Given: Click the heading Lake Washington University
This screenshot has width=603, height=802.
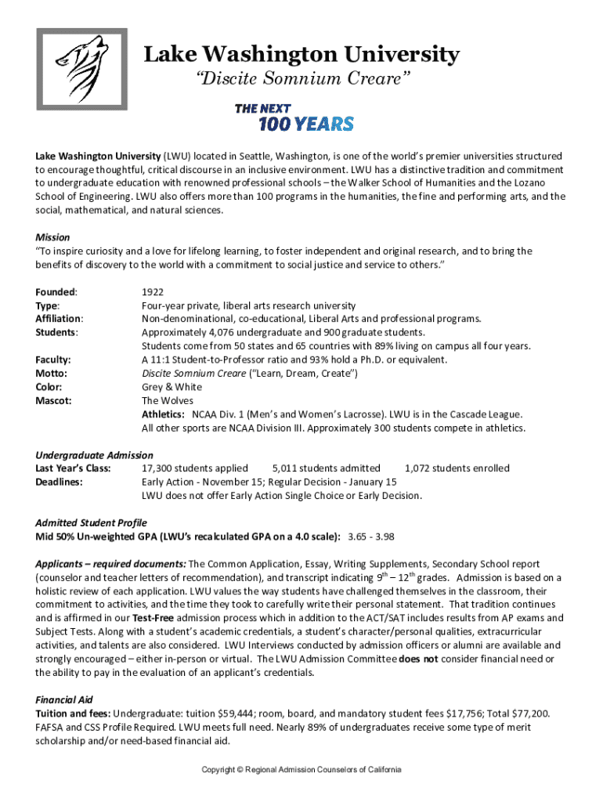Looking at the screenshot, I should [301, 55].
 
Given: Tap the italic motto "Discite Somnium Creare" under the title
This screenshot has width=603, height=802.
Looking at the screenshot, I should [301, 79].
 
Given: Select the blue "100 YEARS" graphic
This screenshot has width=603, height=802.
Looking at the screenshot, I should [305, 123].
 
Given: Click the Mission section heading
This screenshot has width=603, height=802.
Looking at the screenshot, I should [53, 237].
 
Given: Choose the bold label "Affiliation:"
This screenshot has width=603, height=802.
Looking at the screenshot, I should [60, 319].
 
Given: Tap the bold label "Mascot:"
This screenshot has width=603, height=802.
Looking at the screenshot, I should [54, 400].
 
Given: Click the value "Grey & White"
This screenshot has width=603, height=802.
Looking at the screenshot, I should [172, 387].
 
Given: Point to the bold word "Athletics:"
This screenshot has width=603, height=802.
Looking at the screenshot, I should [163, 414].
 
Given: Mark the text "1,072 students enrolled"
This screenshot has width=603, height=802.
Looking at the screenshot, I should [457, 468].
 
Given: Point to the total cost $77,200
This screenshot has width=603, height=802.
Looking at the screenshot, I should [533, 713].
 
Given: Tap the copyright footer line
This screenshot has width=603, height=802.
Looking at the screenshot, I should [301, 770].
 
